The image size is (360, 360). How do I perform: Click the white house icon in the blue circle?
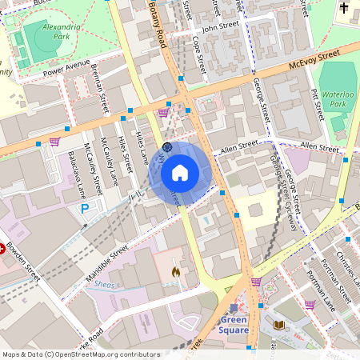pyautogui.click(x=180, y=172)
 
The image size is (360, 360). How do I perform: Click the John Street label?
pyautogui.click(x=221, y=27)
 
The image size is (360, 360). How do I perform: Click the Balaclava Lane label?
pyautogui.click(x=77, y=175)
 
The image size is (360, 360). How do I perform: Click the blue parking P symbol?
pyautogui.click(x=85, y=209)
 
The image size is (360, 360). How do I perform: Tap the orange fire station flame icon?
pyautogui.click(x=175, y=272)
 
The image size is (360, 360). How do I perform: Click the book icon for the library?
pyautogui.click(x=278, y=325)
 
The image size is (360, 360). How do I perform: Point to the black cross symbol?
pyautogui.click(x=345, y=9)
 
